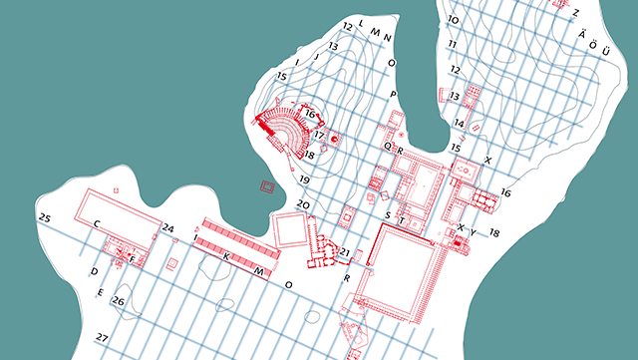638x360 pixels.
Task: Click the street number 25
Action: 44,217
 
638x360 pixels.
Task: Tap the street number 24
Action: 168,228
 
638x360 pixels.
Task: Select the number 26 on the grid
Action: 118,301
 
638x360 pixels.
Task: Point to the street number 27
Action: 102,338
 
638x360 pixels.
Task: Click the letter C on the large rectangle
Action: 97,224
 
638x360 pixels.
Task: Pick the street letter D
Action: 94,271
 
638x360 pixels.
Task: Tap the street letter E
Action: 101,292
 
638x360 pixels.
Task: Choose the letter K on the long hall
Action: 226,257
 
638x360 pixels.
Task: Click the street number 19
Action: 305,180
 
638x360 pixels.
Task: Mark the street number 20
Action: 303,204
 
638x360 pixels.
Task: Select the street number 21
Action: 345,250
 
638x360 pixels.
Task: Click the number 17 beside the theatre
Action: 319,135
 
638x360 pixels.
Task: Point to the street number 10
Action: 453,20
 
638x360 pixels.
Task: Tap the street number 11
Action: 453,45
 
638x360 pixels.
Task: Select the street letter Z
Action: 575,12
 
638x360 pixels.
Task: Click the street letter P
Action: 394,94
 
